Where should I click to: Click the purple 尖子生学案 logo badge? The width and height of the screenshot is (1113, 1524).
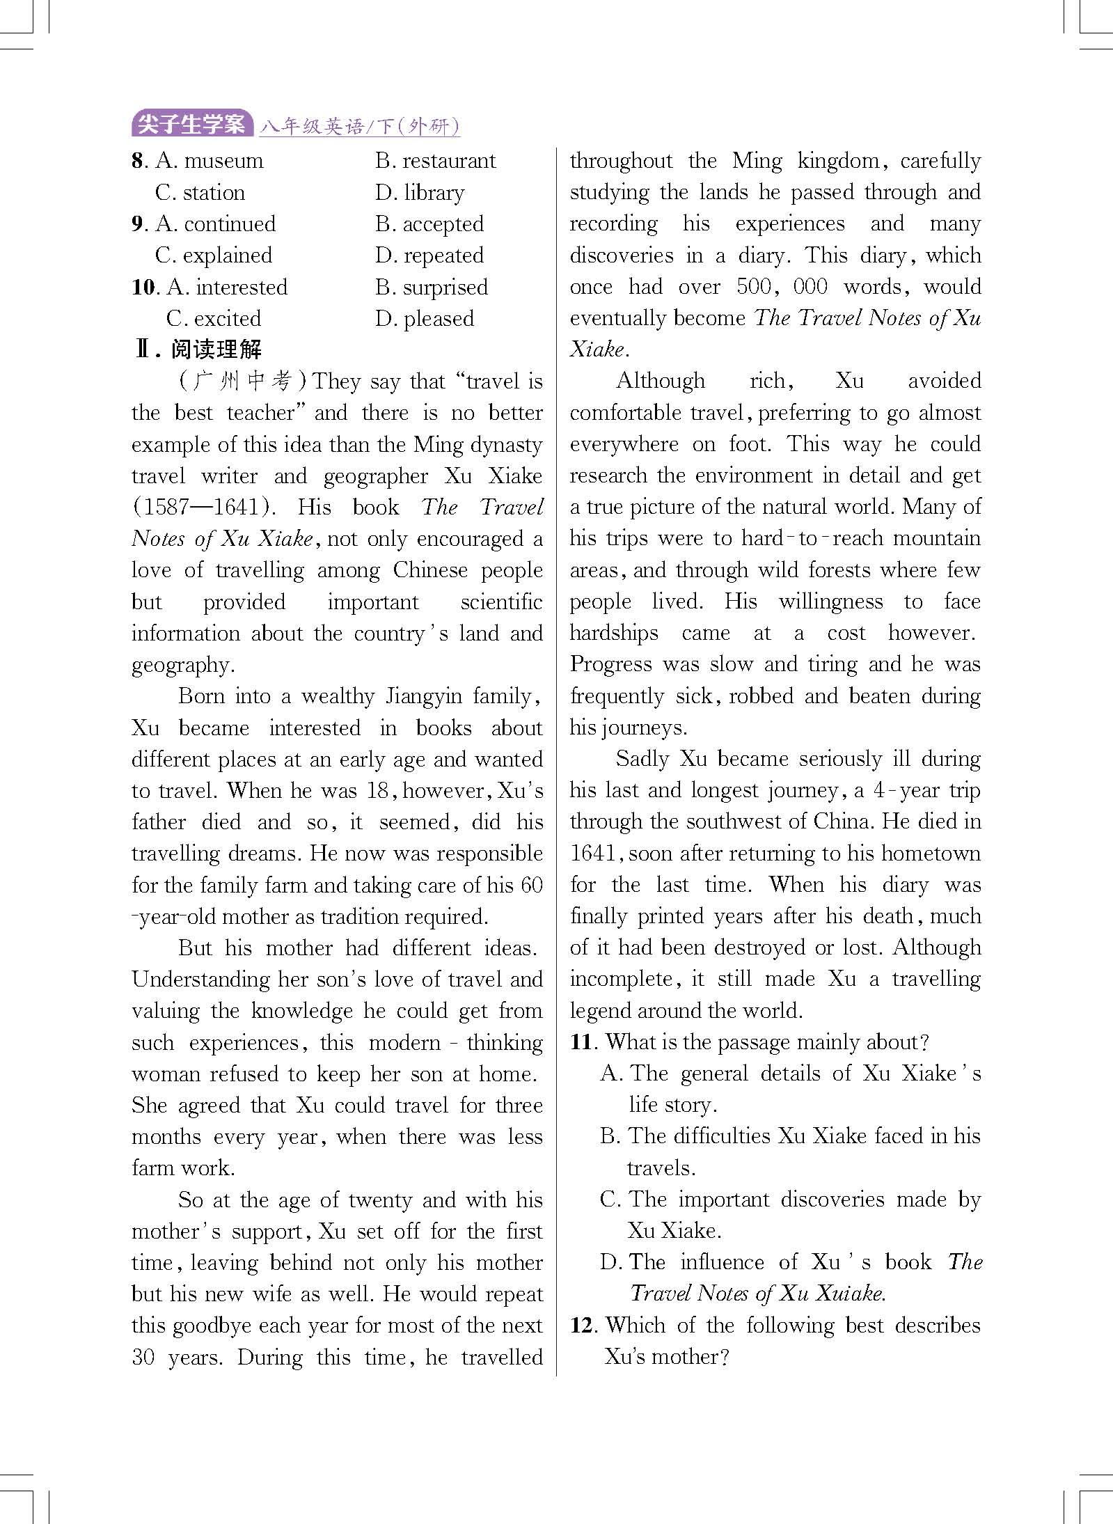(x=191, y=125)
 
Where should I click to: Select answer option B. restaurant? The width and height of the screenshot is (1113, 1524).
(x=435, y=161)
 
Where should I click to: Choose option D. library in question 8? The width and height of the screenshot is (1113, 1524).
(x=420, y=193)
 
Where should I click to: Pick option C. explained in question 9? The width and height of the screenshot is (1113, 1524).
(x=214, y=256)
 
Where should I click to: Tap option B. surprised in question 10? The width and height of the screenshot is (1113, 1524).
(x=432, y=288)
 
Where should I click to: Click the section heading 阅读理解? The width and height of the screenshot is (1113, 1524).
(x=216, y=349)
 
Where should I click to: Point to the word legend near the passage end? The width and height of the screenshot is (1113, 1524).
(x=601, y=1010)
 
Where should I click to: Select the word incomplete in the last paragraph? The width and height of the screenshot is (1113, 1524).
(x=621, y=980)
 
